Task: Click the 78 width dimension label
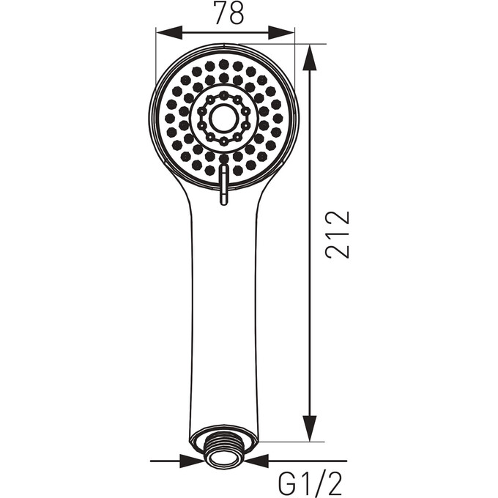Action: click(x=229, y=13)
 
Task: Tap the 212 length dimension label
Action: click(x=338, y=234)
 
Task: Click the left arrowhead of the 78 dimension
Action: click(x=169, y=33)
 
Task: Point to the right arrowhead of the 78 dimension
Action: click(x=281, y=33)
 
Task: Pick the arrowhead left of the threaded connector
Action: click(x=192, y=461)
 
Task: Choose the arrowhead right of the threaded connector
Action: click(x=256, y=461)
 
